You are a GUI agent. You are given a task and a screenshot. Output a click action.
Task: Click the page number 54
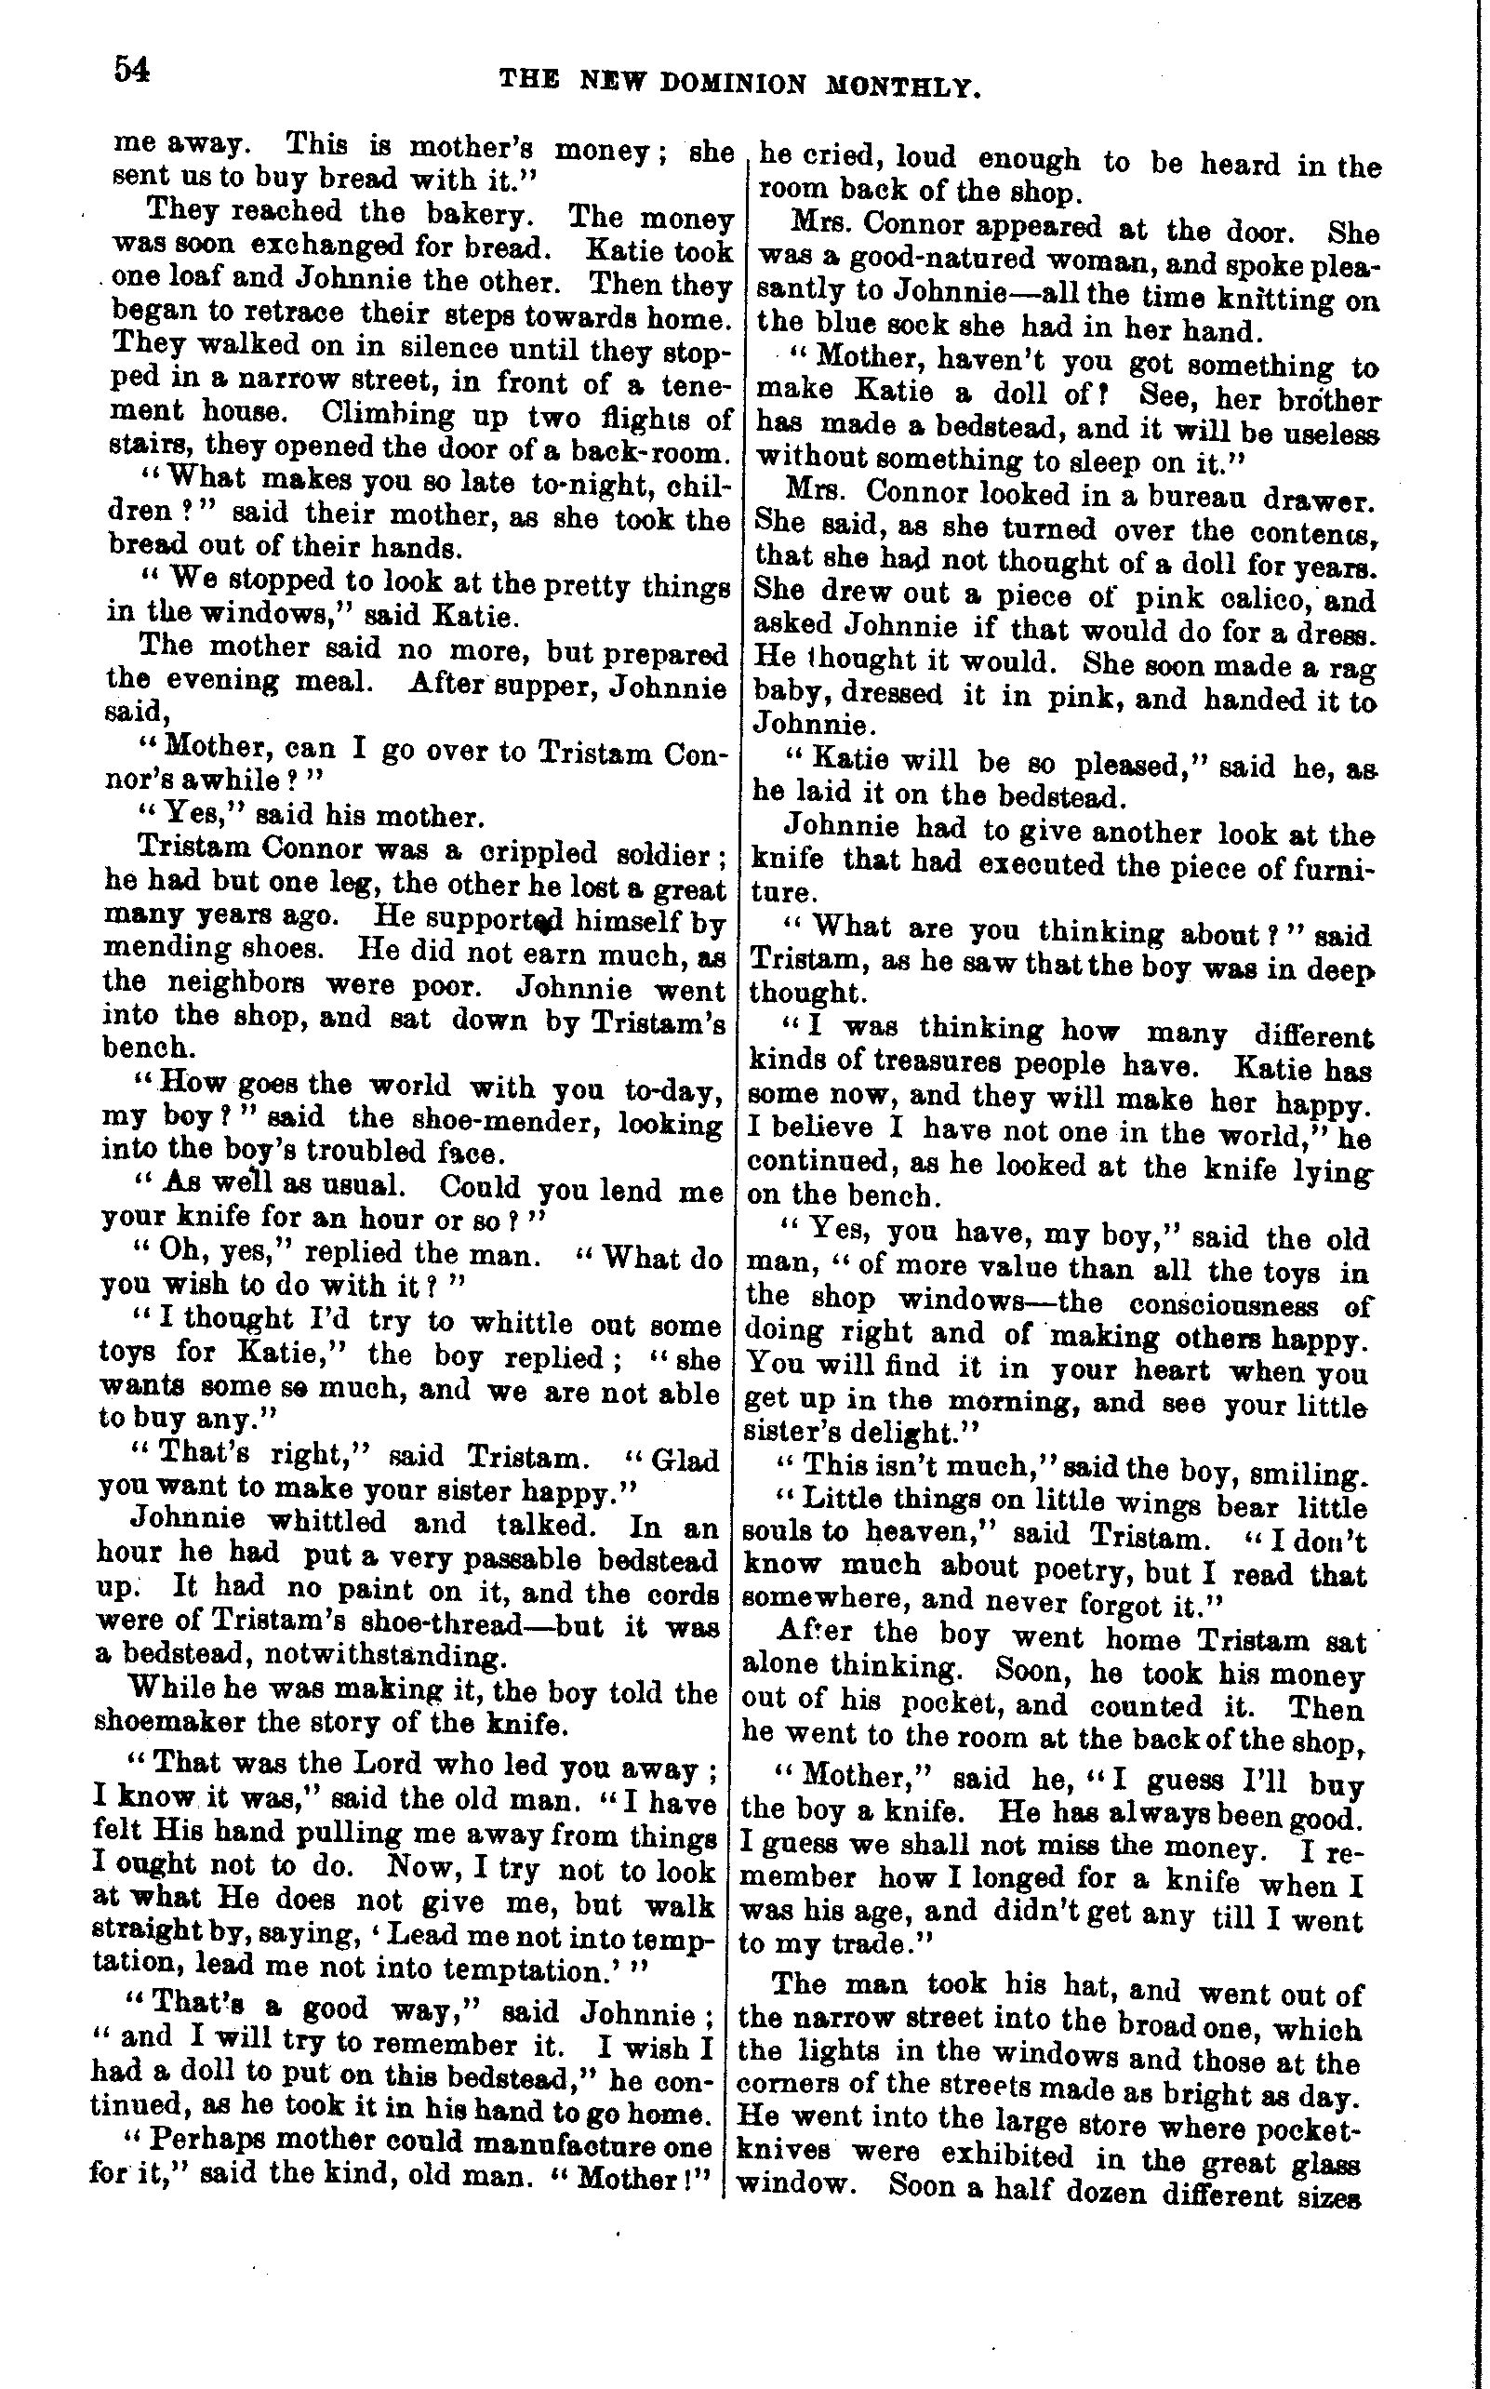pos(132,70)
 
